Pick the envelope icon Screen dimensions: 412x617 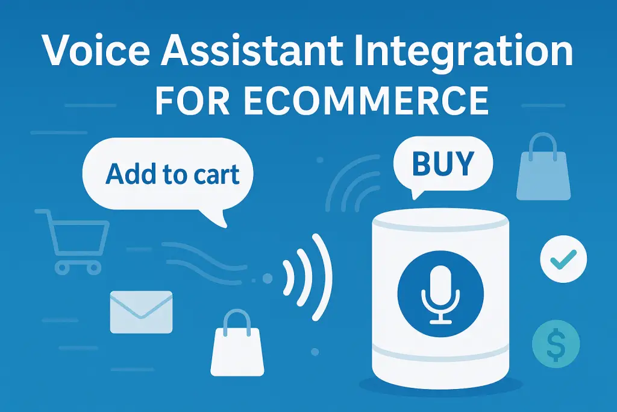click(x=141, y=311)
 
